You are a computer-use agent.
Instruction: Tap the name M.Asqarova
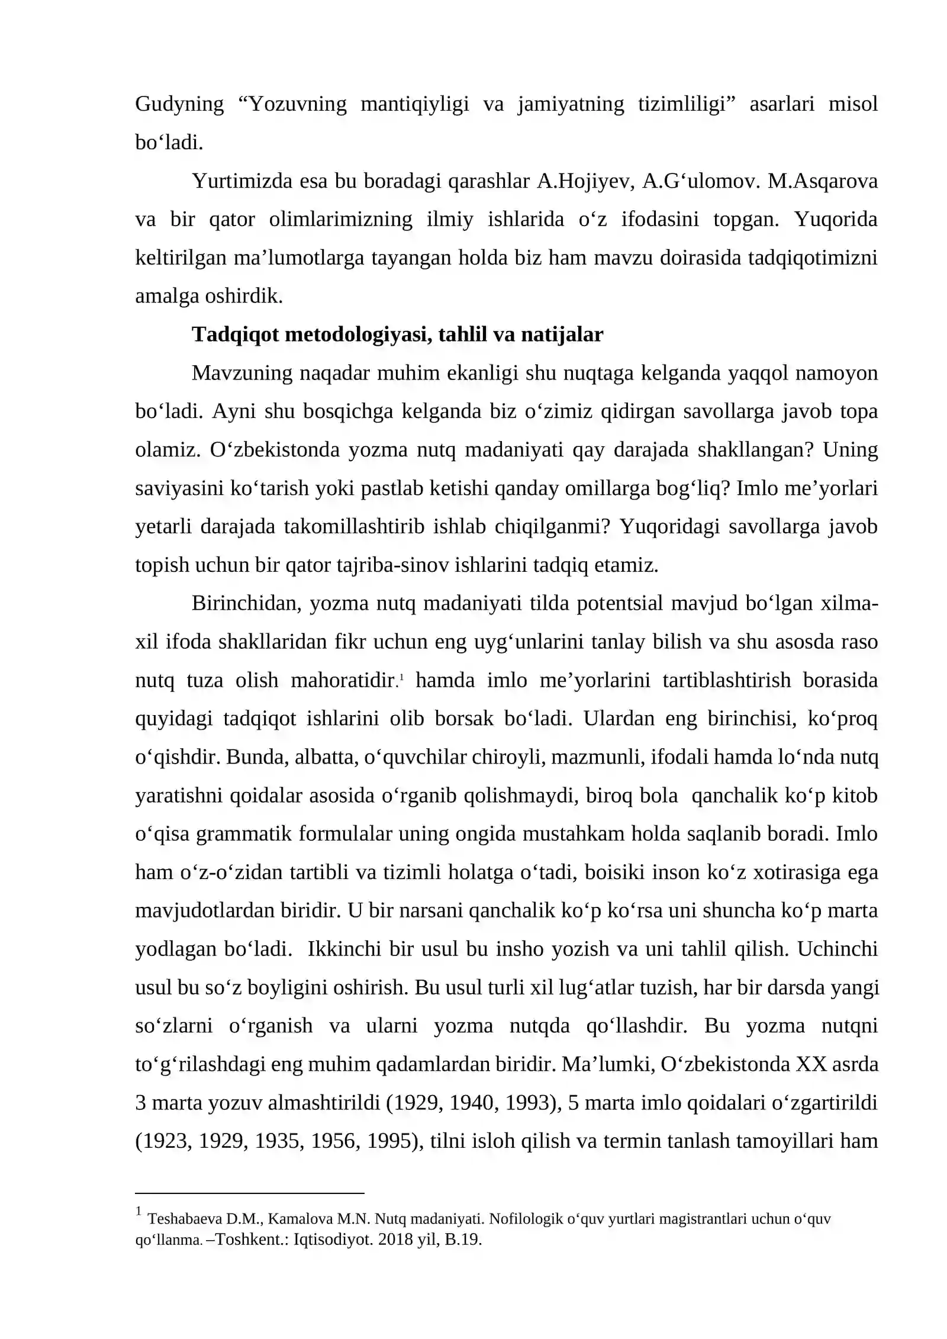(822, 181)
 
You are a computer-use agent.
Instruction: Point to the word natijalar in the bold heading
(562, 335)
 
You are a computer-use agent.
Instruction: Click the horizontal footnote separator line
(249, 1194)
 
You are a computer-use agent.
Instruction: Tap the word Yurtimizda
(242, 181)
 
